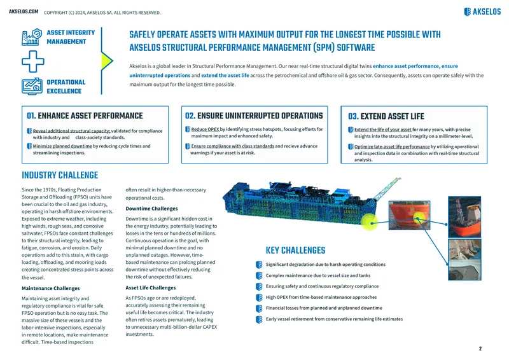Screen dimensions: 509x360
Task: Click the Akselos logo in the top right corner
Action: click(x=482, y=11)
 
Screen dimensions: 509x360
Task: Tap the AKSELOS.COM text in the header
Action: click(x=24, y=11)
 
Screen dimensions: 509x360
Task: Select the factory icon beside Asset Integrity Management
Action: click(x=32, y=37)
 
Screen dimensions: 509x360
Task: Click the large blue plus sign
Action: click(x=33, y=61)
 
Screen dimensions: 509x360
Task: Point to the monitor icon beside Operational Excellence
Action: click(x=32, y=87)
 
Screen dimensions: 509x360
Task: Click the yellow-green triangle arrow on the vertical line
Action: click(x=107, y=60)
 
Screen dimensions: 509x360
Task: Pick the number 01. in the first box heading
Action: click(x=31, y=116)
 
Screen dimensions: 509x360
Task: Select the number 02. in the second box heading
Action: click(x=190, y=116)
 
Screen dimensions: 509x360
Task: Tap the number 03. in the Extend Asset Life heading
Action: click(x=353, y=116)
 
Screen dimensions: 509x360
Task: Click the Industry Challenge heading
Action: click(x=60, y=176)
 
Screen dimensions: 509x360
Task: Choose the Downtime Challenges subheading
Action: click(x=151, y=209)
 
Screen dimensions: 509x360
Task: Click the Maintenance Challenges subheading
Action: click(x=51, y=288)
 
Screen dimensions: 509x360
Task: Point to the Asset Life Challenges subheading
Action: click(x=151, y=287)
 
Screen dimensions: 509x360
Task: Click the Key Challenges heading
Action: click(x=295, y=250)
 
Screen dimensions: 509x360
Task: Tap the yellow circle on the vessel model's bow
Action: click(x=370, y=223)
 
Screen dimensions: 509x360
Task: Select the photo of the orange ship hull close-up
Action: click(x=409, y=215)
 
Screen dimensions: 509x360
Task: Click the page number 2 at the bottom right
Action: click(x=480, y=349)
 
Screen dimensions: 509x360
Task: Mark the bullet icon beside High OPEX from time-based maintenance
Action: click(x=259, y=297)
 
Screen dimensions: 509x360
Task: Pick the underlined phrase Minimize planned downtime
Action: click(x=62, y=146)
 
